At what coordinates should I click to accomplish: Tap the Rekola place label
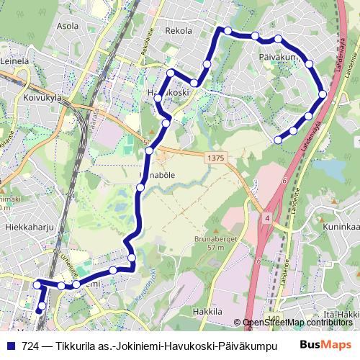click(179, 31)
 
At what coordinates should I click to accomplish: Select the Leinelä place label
click(14, 62)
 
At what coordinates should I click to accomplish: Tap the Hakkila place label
click(207, 311)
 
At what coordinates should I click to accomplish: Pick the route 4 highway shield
click(266, 217)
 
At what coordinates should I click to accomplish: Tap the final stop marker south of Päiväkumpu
click(279, 139)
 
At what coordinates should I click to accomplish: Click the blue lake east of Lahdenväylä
click(329, 167)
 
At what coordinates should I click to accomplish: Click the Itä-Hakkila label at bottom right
click(343, 315)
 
